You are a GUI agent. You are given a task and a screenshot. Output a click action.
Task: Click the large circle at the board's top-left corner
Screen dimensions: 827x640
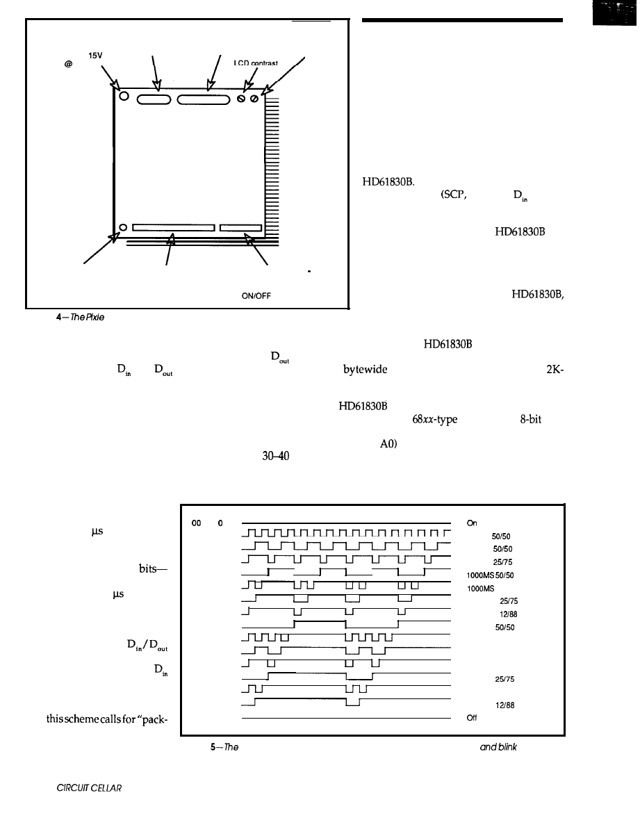click(x=124, y=97)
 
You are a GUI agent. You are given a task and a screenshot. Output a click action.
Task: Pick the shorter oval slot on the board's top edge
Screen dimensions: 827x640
click(x=154, y=99)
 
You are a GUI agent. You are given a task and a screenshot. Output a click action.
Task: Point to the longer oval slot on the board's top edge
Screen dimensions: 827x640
click(x=204, y=99)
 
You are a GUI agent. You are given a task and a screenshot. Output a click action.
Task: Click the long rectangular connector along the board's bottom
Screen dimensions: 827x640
click(x=172, y=227)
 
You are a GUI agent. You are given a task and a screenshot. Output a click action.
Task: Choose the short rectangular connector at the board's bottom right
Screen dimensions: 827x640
click(x=240, y=227)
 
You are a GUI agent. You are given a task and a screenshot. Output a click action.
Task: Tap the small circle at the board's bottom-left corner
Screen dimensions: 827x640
click(x=123, y=227)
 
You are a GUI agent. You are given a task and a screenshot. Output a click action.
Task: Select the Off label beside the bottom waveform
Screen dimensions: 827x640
click(x=473, y=719)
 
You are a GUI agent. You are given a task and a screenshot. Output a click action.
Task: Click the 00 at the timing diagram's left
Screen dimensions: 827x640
click(x=196, y=523)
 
